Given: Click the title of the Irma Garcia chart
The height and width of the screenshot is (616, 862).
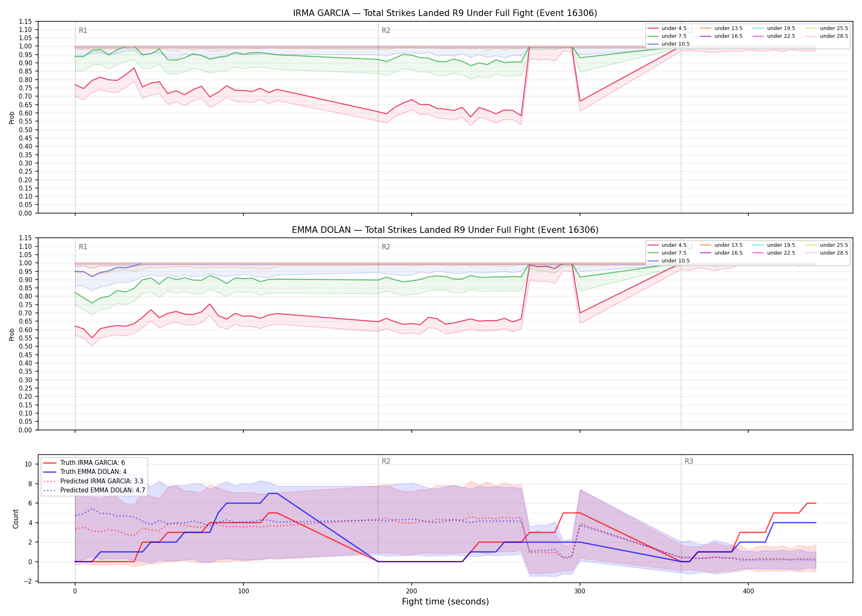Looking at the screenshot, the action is pyautogui.click(x=445, y=13).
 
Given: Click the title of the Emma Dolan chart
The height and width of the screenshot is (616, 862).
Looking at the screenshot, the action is pyautogui.click(x=445, y=230).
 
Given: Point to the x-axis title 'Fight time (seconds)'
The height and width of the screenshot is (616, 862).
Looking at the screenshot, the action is pyautogui.click(x=445, y=602).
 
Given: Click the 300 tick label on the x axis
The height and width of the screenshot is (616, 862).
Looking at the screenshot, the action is pyautogui.click(x=580, y=591).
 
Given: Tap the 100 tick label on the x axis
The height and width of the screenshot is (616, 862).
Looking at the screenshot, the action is pyautogui.click(x=243, y=591).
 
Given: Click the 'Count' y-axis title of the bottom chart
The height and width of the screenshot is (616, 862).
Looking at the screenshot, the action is pyautogui.click(x=16, y=519).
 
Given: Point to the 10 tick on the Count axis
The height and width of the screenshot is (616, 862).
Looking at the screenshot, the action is pyautogui.click(x=28, y=464).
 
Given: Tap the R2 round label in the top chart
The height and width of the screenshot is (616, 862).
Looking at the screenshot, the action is pyautogui.click(x=386, y=30).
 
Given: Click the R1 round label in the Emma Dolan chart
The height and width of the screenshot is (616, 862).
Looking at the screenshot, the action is pyautogui.click(x=83, y=247).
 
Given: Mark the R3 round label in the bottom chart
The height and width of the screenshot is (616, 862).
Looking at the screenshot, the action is pyautogui.click(x=689, y=461).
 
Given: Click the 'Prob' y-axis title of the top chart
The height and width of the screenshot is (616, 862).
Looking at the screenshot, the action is pyautogui.click(x=12, y=117).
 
